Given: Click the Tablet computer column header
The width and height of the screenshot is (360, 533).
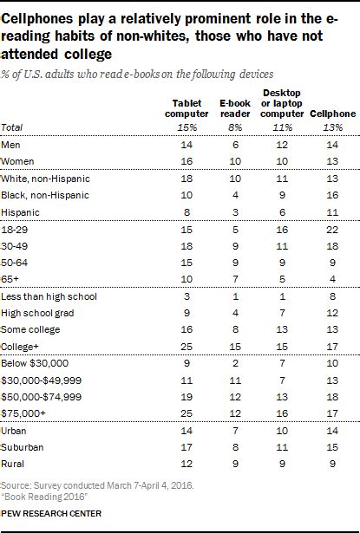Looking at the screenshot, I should pyautogui.click(x=188, y=108).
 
